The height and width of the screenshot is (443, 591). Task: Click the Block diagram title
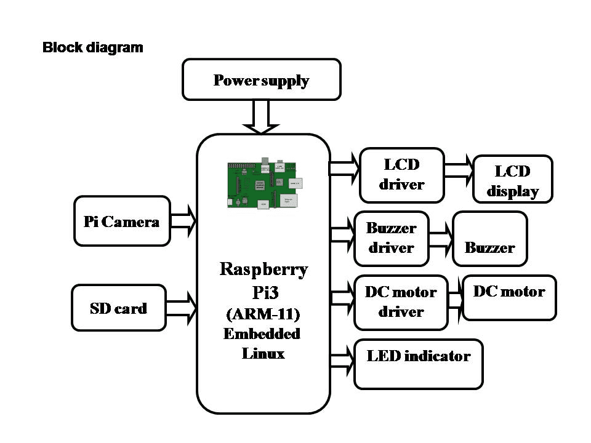[92, 47]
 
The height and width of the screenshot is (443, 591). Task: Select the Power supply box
[262, 79]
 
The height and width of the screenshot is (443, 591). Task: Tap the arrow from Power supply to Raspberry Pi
[261, 117]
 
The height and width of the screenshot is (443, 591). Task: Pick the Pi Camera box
[122, 221]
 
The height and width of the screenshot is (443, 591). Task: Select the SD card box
[119, 308]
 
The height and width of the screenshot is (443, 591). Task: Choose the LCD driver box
[402, 175]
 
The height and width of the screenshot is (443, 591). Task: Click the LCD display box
[513, 179]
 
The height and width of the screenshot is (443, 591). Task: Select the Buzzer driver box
[392, 238]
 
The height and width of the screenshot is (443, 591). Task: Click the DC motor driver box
[401, 302]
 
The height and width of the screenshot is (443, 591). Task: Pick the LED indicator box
[419, 364]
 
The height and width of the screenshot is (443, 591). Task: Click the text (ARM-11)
[263, 314]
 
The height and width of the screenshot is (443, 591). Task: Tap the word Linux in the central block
[263, 353]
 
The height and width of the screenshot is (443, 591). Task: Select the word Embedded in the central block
[262, 333]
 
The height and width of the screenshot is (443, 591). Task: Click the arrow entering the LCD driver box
[345, 167]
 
